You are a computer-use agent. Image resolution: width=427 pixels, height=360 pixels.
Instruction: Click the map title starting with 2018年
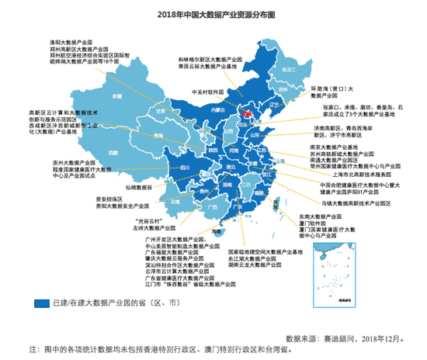click(213, 14)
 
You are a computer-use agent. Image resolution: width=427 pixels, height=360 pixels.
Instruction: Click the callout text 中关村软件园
click(207, 91)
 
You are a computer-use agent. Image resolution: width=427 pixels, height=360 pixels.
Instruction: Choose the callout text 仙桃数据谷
click(137, 187)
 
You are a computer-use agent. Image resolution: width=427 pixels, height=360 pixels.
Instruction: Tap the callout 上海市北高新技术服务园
click(357, 175)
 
